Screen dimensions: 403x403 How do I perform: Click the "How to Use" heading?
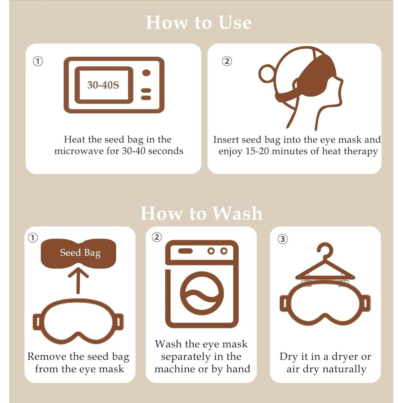198,22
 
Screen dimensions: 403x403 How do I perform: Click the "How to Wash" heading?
201,213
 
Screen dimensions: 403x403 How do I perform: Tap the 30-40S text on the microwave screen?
104,85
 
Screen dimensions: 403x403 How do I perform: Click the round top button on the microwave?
146,73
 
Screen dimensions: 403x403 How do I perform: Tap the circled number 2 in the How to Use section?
227,61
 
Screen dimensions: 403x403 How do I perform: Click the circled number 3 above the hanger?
283,239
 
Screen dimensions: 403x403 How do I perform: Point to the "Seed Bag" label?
80,253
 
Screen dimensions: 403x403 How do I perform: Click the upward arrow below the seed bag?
78,280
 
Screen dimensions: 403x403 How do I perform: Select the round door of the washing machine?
202,293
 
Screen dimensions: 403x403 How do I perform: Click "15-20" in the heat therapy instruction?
257,151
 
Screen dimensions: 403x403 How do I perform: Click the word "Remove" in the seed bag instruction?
47,357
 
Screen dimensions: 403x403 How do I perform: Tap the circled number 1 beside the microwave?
38,61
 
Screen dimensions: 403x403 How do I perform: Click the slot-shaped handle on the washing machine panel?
185,251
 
